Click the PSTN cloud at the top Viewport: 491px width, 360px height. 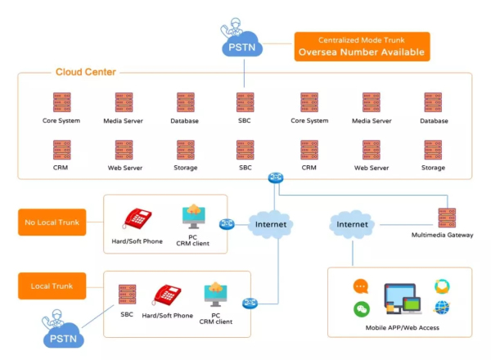point(243,47)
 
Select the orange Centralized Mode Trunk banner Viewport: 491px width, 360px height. point(362,46)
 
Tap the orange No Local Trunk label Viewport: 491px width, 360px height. point(52,223)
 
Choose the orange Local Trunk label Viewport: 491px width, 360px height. point(52,286)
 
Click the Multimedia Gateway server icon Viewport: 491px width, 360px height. point(447,218)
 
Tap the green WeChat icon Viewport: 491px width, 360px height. point(361,309)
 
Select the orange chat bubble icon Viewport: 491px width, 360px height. point(361,286)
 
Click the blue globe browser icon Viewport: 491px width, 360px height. point(442,308)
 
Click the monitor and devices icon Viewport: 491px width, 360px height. point(401,298)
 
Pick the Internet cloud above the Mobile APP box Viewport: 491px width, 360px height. point(353,223)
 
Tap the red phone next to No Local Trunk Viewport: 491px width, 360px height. point(137,218)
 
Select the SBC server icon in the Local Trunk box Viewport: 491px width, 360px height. point(127,295)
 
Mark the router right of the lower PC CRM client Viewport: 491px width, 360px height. point(250,303)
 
